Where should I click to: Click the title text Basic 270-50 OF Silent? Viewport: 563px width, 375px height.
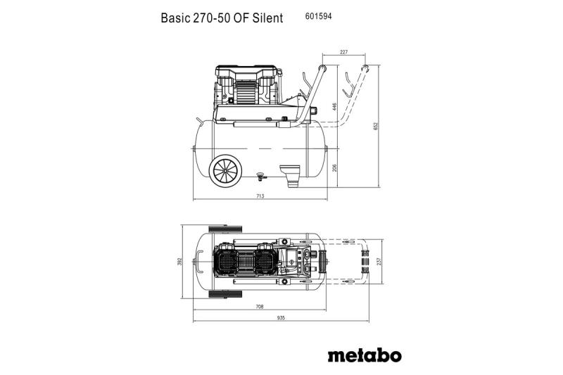pyautogui.click(x=222, y=18)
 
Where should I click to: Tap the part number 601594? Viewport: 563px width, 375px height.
pyautogui.click(x=318, y=16)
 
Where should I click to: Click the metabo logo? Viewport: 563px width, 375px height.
pyautogui.click(x=365, y=355)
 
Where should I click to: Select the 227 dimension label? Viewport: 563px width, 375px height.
pyautogui.click(x=343, y=52)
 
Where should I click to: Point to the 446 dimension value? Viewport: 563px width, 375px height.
pyautogui.click(x=335, y=106)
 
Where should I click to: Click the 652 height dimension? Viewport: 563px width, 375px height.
pyautogui.click(x=376, y=127)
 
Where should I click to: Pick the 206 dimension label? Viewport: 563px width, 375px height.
pyautogui.click(x=335, y=167)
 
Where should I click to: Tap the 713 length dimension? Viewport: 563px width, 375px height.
pyautogui.click(x=260, y=196)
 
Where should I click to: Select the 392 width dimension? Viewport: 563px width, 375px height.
pyautogui.click(x=180, y=262)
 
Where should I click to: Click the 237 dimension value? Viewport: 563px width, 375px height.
pyautogui.click(x=379, y=262)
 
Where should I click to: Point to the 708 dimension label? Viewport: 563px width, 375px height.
pyautogui.click(x=260, y=307)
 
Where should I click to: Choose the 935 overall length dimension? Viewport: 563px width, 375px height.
pyautogui.click(x=281, y=317)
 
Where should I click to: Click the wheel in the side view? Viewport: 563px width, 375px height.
pyautogui.click(x=225, y=171)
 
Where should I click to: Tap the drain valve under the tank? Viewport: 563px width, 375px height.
pyautogui.click(x=260, y=175)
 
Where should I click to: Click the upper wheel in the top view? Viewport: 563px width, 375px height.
pyautogui.click(x=225, y=229)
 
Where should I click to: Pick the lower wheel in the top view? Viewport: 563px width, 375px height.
pyautogui.click(x=225, y=294)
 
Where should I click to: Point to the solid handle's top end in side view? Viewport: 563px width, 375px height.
pyautogui.click(x=322, y=68)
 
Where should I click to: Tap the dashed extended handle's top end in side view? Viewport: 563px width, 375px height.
pyautogui.click(x=365, y=68)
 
